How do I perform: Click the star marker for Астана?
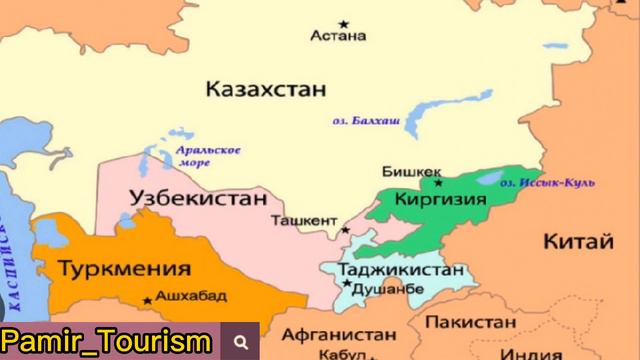[x=344, y=23]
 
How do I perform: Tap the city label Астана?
[x=338, y=37]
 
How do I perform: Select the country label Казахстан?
[x=266, y=89]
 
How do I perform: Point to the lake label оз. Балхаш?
[x=366, y=121]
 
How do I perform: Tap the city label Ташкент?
[x=305, y=220]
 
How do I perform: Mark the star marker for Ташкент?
[x=346, y=230]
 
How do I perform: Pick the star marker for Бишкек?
[x=437, y=182]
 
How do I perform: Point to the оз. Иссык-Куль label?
[x=548, y=183]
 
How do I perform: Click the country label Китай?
[x=578, y=241]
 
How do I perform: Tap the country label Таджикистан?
[x=401, y=270]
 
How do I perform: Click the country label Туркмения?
[x=124, y=268]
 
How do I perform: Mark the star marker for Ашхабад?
[x=148, y=298]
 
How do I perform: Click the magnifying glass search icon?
[x=241, y=341]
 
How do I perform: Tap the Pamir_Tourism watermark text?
[x=106, y=341]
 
